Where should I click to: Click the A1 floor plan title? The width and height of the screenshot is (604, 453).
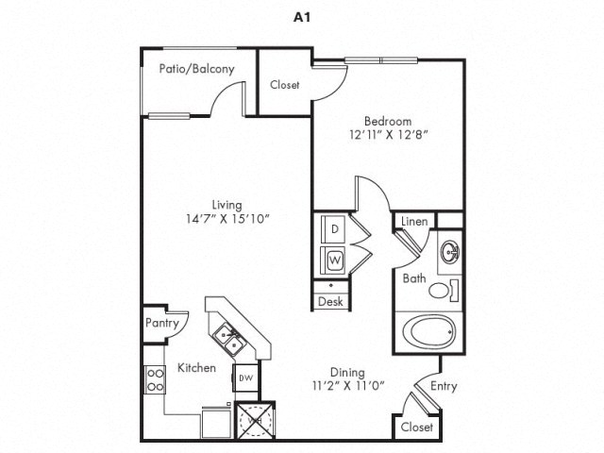pyautogui.click(x=301, y=16)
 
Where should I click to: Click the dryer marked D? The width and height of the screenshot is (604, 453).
pyautogui.click(x=334, y=229)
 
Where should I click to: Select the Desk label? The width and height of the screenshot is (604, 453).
pyautogui.click(x=329, y=302)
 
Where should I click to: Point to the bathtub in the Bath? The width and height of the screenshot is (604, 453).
pyautogui.click(x=428, y=334)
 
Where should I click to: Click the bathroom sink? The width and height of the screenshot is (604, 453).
pyautogui.click(x=449, y=254)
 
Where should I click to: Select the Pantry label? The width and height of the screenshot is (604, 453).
pyautogui.click(x=161, y=322)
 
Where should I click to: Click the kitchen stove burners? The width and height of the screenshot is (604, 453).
pyautogui.click(x=153, y=379)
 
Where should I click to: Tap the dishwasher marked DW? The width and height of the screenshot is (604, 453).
pyautogui.click(x=245, y=378)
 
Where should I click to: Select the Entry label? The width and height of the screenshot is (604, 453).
pyautogui.click(x=444, y=387)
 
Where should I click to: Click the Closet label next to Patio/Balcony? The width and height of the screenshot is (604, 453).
pyautogui.click(x=285, y=85)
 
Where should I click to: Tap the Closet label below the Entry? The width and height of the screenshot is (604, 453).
pyautogui.click(x=417, y=427)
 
